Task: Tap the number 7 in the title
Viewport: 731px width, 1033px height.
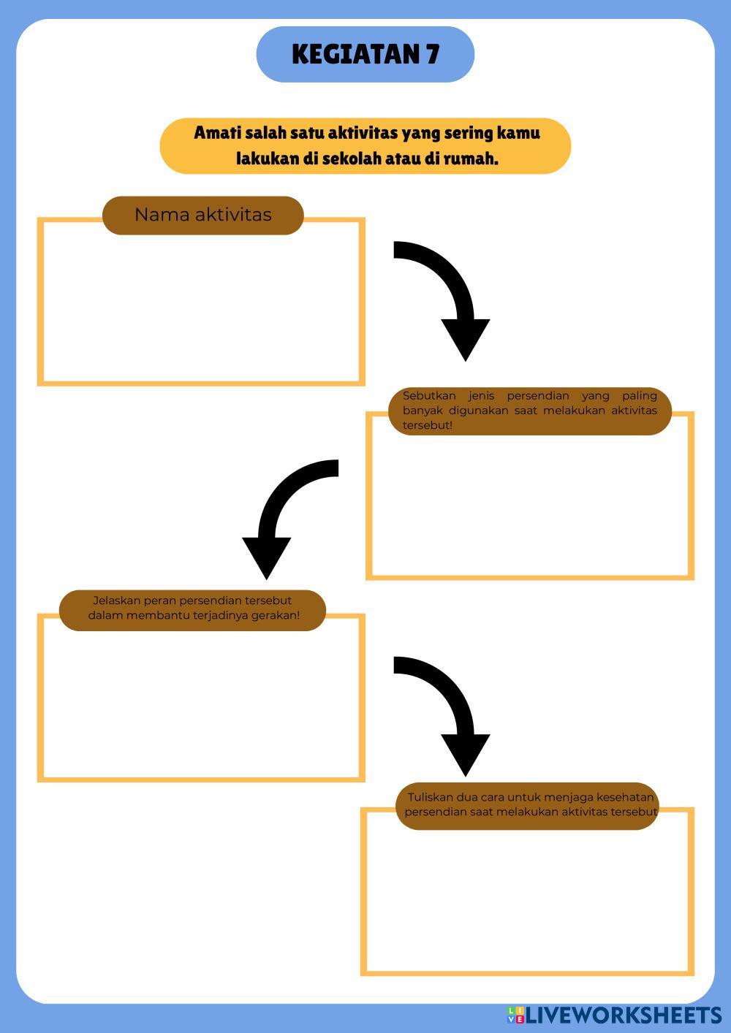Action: pyautogui.click(x=433, y=54)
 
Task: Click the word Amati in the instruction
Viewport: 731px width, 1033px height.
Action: pyautogui.click(x=217, y=133)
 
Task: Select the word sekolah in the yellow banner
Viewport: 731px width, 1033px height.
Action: pyautogui.click(x=355, y=159)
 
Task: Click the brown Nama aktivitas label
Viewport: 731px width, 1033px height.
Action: pyautogui.click(x=202, y=215)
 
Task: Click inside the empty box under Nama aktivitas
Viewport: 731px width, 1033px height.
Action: pyautogui.click(x=201, y=307)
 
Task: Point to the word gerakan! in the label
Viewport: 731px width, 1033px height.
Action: pyautogui.click(x=275, y=615)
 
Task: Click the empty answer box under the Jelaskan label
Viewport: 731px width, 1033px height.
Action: pyautogui.click(x=201, y=705)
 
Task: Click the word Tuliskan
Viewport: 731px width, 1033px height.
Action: pyautogui.click(x=431, y=797)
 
